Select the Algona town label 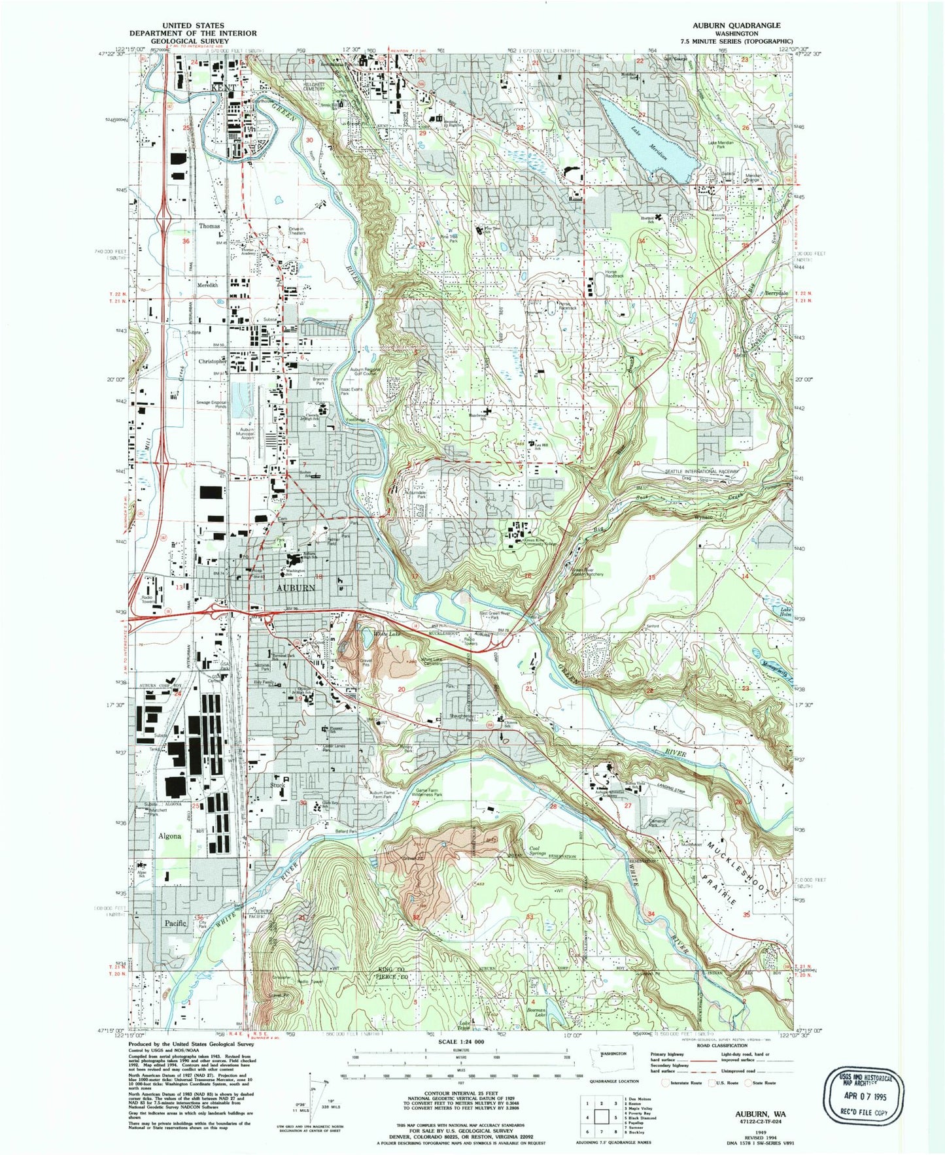(x=169, y=836)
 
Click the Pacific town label (x=176, y=922)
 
